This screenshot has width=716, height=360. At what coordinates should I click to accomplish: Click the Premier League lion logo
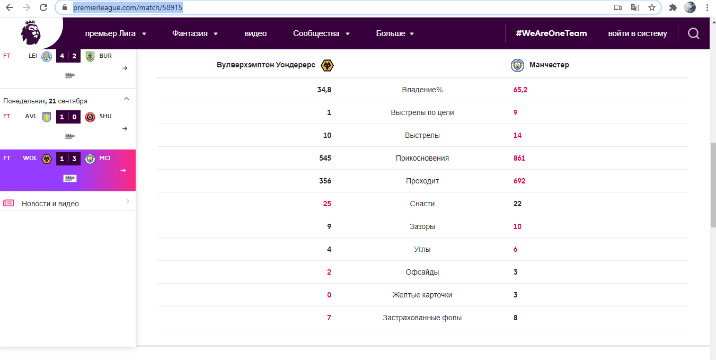tap(30, 33)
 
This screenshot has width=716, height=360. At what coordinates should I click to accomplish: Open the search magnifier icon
tap(693, 33)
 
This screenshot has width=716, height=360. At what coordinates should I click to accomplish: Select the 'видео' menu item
tap(255, 33)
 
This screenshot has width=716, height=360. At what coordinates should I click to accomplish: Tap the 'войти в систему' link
tap(638, 33)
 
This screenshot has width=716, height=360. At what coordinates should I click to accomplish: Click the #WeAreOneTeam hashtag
tap(551, 33)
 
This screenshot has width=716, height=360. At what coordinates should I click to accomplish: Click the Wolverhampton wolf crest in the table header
tap(328, 65)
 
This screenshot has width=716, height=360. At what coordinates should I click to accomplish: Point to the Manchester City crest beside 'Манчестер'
tap(517, 65)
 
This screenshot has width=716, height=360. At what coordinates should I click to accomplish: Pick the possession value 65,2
tap(520, 90)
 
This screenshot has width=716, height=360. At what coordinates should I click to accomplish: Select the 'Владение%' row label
tap(422, 90)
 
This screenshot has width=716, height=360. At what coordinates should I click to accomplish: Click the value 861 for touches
tap(519, 158)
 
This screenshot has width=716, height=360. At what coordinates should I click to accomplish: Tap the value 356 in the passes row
tap(325, 181)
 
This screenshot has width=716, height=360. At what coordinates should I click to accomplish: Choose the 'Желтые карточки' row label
tap(422, 295)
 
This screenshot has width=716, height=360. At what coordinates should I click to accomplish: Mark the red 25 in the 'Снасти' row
tap(326, 204)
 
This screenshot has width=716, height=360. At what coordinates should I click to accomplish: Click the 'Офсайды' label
tap(422, 272)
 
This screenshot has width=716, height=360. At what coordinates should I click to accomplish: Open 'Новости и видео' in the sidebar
tap(50, 204)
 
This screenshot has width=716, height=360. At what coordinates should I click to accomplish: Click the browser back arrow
tap(9, 7)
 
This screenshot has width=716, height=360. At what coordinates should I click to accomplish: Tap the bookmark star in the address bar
tap(652, 7)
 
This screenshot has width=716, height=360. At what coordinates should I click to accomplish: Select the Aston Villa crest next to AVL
tap(46, 117)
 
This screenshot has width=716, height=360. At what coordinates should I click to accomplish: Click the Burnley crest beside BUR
tap(90, 56)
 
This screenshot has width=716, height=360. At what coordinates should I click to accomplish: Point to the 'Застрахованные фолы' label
tap(422, 318)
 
